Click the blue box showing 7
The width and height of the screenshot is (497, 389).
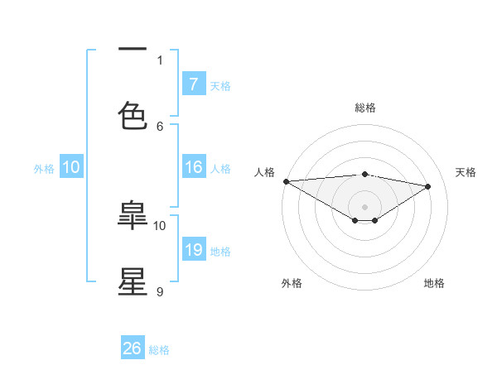tap(193, 84)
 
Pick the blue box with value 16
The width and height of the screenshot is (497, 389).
tap(193, 167)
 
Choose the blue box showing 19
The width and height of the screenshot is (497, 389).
tap(193, 250)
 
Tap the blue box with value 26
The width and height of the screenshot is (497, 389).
tap(133, 348)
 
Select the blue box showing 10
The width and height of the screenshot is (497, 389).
tap(71, 167)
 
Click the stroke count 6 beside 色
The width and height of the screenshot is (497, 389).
tap(160, 126)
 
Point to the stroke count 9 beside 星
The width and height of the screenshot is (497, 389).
tap(160, 291)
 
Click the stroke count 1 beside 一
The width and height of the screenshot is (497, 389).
tap(160, 60)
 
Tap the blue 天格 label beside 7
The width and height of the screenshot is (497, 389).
tap(220, 85)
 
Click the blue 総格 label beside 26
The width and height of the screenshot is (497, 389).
tap(159, 350)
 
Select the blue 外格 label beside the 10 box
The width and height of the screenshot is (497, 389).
tap(44, 169)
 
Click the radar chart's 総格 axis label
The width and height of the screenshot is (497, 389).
tap(364, 108)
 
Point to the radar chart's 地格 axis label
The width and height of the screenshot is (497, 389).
tap(434, 283)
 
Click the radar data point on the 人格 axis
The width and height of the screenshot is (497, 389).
tap(286, 181)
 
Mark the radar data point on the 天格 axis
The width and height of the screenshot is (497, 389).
tap(427, 186)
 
